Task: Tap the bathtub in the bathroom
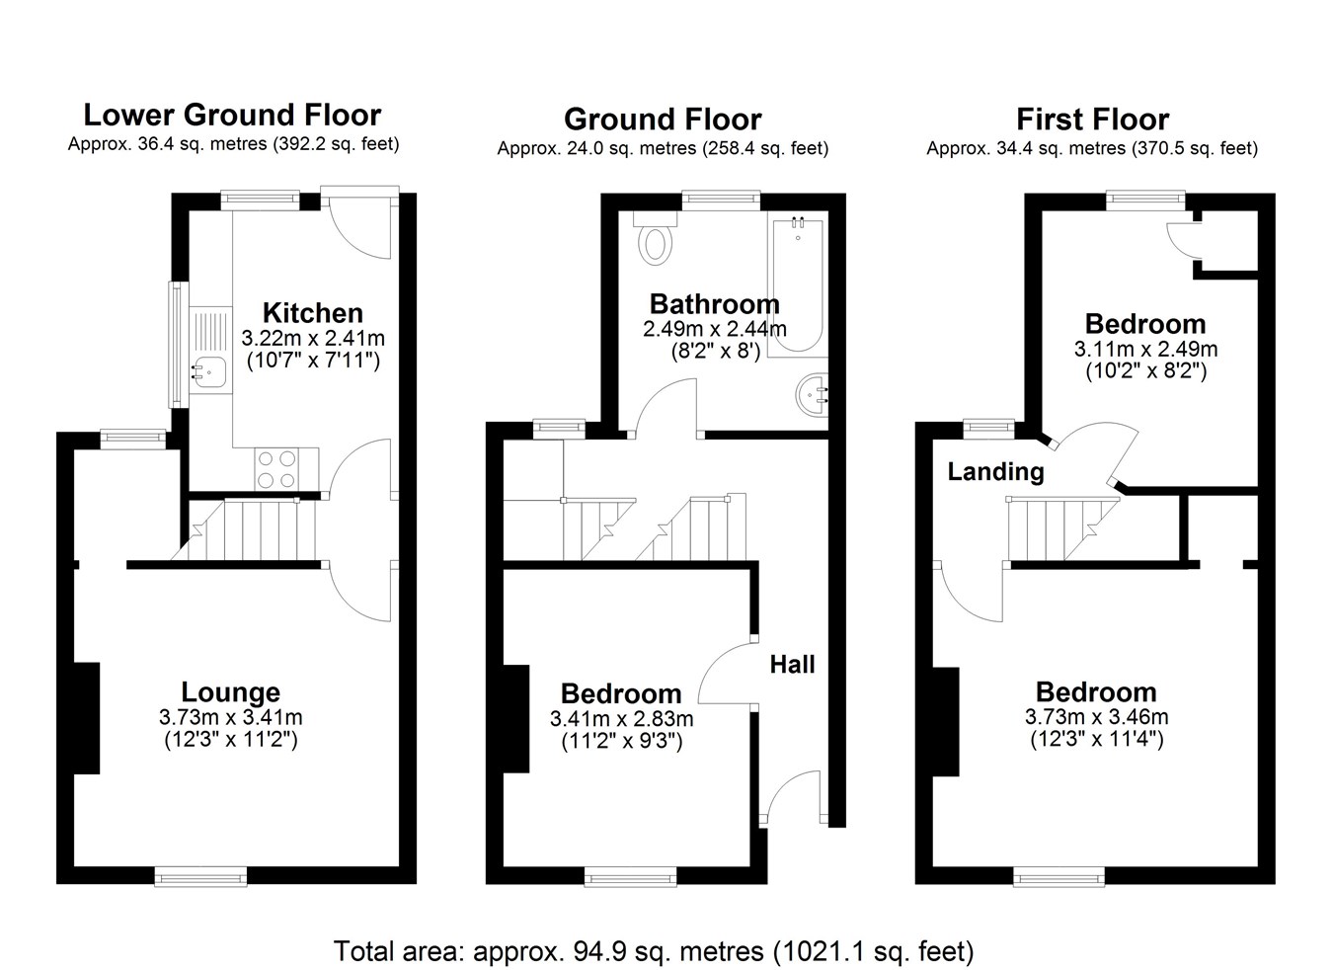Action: click(798, 285)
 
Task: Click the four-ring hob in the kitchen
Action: click(277, 469)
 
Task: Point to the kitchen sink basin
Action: click(208, 371)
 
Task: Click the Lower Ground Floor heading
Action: click(232, 115)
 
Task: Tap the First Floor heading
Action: click(1092, 120)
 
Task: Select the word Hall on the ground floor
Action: click(792, 664)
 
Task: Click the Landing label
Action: click(995, 471)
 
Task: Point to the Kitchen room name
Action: click(313, 312)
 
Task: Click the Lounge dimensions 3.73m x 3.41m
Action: click(231, 717)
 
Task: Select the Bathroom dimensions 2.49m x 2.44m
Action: click(715, 329)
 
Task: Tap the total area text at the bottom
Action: click(654, 951)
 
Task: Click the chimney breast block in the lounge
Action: click(87, 718)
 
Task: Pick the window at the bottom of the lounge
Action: click(201, 876)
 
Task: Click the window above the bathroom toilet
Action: click(721, 201)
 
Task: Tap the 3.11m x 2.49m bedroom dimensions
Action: click(1145, 349)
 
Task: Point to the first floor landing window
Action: click(989, 429)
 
